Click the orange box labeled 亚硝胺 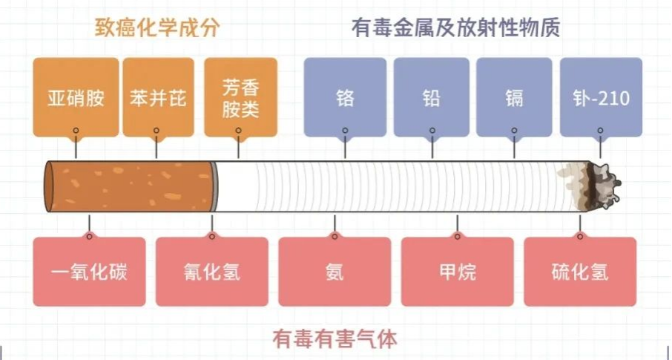[76, 97]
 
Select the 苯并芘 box [157, 97]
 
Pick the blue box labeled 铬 [345, 97]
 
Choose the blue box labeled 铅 [431, 97]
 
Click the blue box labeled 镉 [513, 97]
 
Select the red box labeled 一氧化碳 [90, 272]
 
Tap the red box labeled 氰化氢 [211, 272]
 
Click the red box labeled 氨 [335, 272]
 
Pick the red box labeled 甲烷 [457, 272]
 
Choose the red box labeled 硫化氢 [580, 272]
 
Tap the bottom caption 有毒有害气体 [335, 339]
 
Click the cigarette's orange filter [130, 186]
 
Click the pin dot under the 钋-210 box [600, 130]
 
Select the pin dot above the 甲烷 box [457, 237]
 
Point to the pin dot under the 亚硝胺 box [76, 130]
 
